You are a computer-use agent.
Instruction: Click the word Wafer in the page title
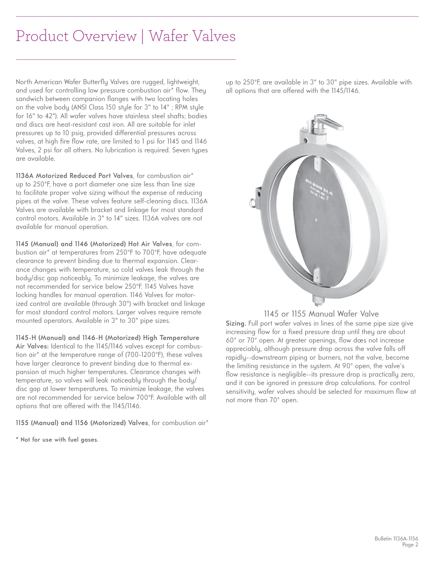tap(168, 36)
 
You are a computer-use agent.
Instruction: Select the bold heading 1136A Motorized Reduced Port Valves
tap(74, 176)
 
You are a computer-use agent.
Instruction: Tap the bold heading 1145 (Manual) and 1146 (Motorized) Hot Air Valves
tap(94, 244)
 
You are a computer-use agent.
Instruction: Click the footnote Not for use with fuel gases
tap(57, 440)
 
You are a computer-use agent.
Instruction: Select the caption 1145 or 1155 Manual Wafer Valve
tap(321, 314)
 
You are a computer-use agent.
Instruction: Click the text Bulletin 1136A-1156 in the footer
tap(396, 539)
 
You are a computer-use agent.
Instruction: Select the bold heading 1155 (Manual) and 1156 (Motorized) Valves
tap(82, 423)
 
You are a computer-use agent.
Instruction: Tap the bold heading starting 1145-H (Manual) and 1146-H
tap(108, 338)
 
